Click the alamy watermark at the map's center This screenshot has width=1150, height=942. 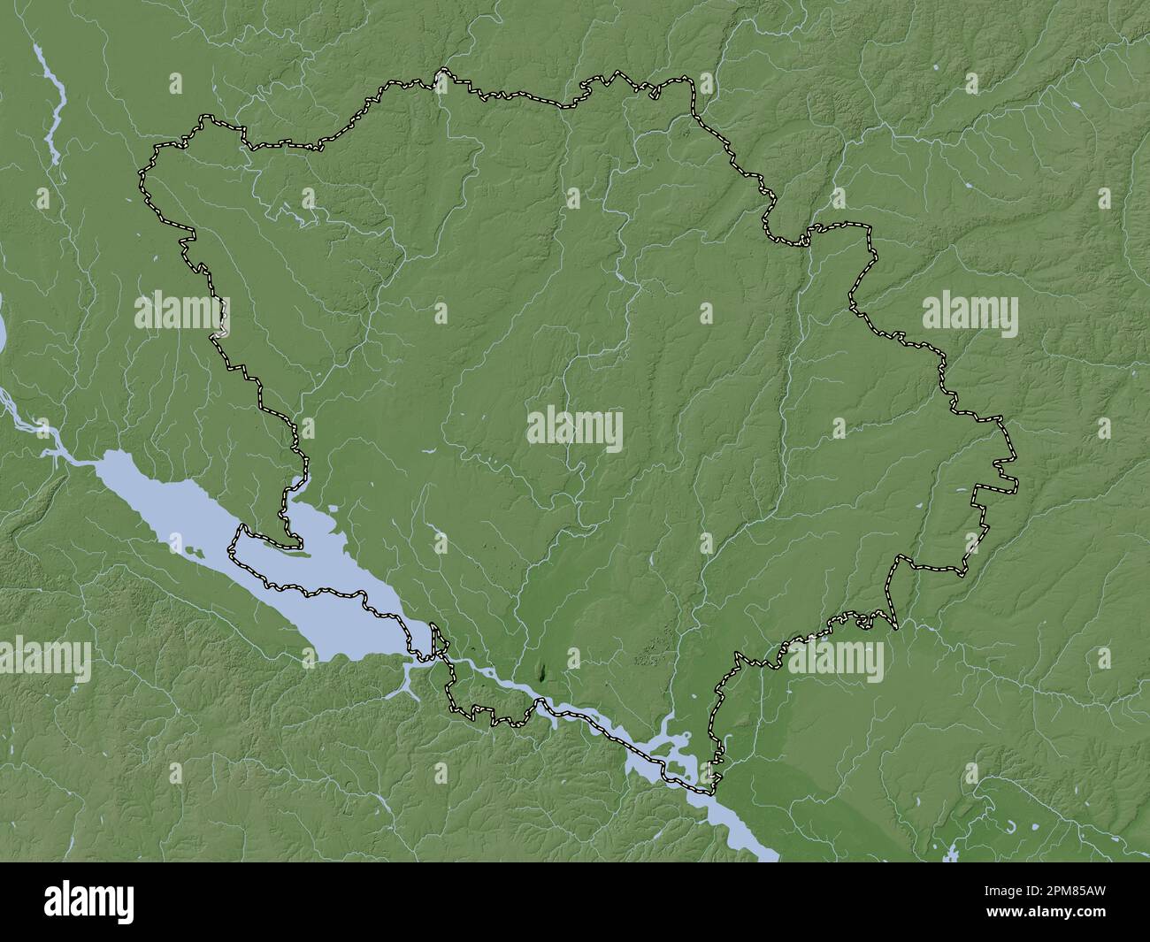[575, 430]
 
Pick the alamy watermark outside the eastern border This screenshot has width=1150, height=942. [970, 315]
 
